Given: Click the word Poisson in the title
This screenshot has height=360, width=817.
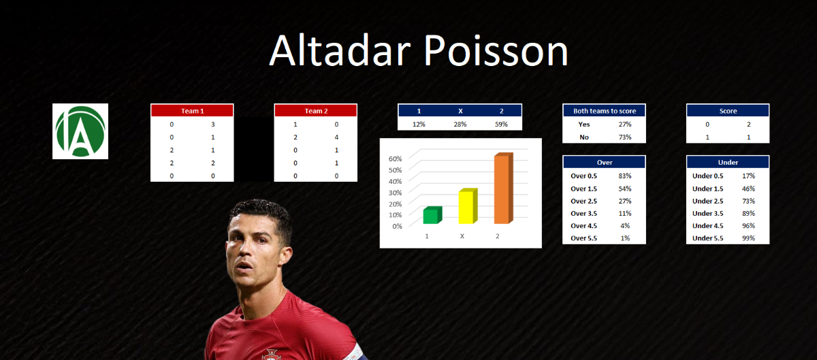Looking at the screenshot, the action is [x=496, y=50].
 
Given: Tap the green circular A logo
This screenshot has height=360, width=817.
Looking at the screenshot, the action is [x=80, y=131].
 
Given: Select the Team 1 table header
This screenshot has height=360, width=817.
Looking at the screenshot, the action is [x=192, y=110].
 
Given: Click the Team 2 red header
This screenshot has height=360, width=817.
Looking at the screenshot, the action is [x=316, y=110].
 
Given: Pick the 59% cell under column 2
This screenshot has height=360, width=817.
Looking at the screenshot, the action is [x=501, y=124].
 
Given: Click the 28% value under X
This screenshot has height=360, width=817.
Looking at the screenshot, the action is [x=460, y=124].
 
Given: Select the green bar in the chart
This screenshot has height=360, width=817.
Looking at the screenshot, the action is [x=432, y=215].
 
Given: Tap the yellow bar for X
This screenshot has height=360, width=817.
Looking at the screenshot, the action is [x=468, y=206].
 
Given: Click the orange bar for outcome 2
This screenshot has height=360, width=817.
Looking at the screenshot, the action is [x=504, y=189].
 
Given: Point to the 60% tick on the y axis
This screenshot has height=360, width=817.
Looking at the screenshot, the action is [x=395, y=159].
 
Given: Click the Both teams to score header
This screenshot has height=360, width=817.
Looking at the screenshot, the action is [x=605, y=111].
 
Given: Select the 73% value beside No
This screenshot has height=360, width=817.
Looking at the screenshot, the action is [x=625, y=137].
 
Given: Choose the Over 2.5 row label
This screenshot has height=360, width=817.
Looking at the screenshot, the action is [x=583, y=201].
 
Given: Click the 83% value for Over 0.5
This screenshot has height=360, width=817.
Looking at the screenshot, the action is [x=625, y=176].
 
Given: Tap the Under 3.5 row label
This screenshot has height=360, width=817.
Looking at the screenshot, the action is [x=707, y=214].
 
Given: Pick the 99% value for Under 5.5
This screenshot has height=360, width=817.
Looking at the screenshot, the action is [x=748, y=238].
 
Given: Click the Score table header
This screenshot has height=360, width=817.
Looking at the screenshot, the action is [x=728, y=111].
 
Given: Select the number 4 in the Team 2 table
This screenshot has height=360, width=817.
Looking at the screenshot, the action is [x=336, y=137].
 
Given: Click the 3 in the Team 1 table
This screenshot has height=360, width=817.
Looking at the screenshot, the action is [x=213, y=125].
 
